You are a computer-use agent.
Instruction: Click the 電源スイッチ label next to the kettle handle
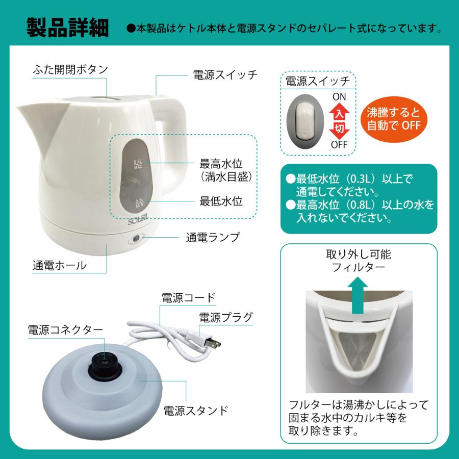[x=225, y=74]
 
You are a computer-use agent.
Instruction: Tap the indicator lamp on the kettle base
[x=136, y=238]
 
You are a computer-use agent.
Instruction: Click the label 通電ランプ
[x=212, y=237]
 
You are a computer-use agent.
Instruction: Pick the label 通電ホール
[x=59, y=266]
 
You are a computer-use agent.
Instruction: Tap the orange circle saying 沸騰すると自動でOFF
[x=394, y=119]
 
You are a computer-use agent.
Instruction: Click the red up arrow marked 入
[x=339, y=110]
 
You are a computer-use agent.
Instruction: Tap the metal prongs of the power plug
[x=216, y=344]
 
